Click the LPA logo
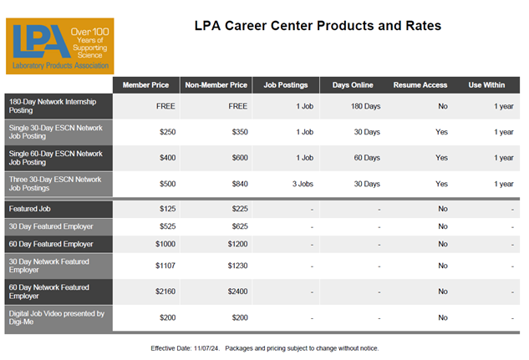point(60,46)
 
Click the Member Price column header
point(145,85)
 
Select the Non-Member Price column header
point(216,85)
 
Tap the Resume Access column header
point(420,85)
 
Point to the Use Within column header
point(486,85)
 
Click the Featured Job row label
point(30,209)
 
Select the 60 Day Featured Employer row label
point(51,244)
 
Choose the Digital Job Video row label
point(56,317)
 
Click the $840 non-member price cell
point(240,184)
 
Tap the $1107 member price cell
point(165,266)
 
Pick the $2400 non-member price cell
point(237,292)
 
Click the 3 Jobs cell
point(303,184)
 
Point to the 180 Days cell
point(366,106)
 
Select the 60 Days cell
point(367,158)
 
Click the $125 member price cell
point(168,209)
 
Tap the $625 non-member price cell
point(240,226)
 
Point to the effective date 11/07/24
point(206,348)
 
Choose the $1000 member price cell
point(165,244)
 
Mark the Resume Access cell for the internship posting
point(443,106)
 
